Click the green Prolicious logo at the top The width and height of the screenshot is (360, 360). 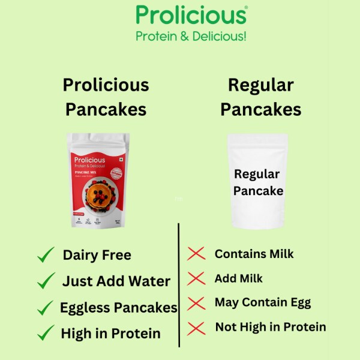tap(191, 15)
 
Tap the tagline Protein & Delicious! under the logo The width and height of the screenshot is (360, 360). tap(191, 36)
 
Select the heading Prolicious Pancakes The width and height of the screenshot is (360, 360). tap(106, 97)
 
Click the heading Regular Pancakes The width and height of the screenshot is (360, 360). tap(260, 97)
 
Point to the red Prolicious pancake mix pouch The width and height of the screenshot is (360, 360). tap(98, 179)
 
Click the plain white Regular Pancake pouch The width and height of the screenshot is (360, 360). tap(257, 181)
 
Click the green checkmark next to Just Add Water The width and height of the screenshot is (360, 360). tap(46, 280)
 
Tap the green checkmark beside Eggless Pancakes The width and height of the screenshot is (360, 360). tap(46, 308)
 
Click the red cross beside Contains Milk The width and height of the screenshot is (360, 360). tap(196, 254)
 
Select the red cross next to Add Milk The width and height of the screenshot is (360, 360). tap(196, 278)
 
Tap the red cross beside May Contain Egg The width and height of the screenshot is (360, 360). tap(196, 303)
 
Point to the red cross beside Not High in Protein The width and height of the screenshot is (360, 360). tap(196, 328)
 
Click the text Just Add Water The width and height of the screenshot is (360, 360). tap(116, 281)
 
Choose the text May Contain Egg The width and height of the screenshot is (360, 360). tap(263, 303)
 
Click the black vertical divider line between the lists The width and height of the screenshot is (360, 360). tap(179, 285)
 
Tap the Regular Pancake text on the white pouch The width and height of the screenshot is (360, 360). tap(258, 182)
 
